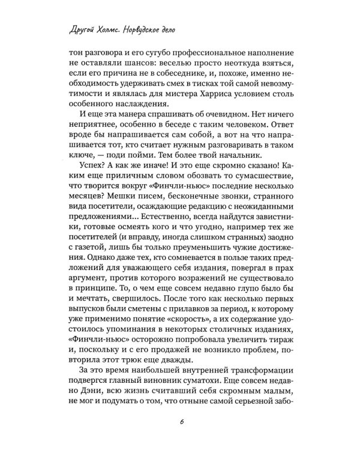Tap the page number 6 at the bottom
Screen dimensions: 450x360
click(180, 422)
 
